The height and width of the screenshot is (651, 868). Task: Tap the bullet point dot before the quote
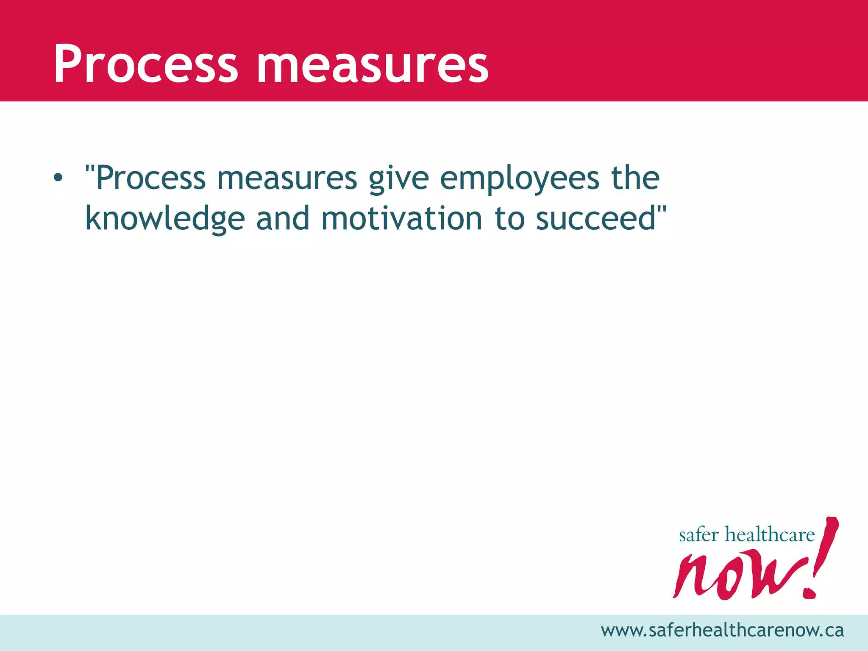[x=58, y=178]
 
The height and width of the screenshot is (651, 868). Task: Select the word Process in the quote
[x=151, y=178]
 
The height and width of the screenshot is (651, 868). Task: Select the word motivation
[x=402, y=219]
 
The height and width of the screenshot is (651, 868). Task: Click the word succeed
[x=596, y=219]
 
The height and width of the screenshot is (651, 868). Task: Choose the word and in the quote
[x=283, y=219]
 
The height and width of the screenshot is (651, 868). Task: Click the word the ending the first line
[x=635, y=178]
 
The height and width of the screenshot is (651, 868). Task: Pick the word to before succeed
[x=510, y=219]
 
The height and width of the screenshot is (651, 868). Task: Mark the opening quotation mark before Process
[x=90, y=170]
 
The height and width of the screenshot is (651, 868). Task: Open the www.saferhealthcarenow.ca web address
[x=722, y=631]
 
